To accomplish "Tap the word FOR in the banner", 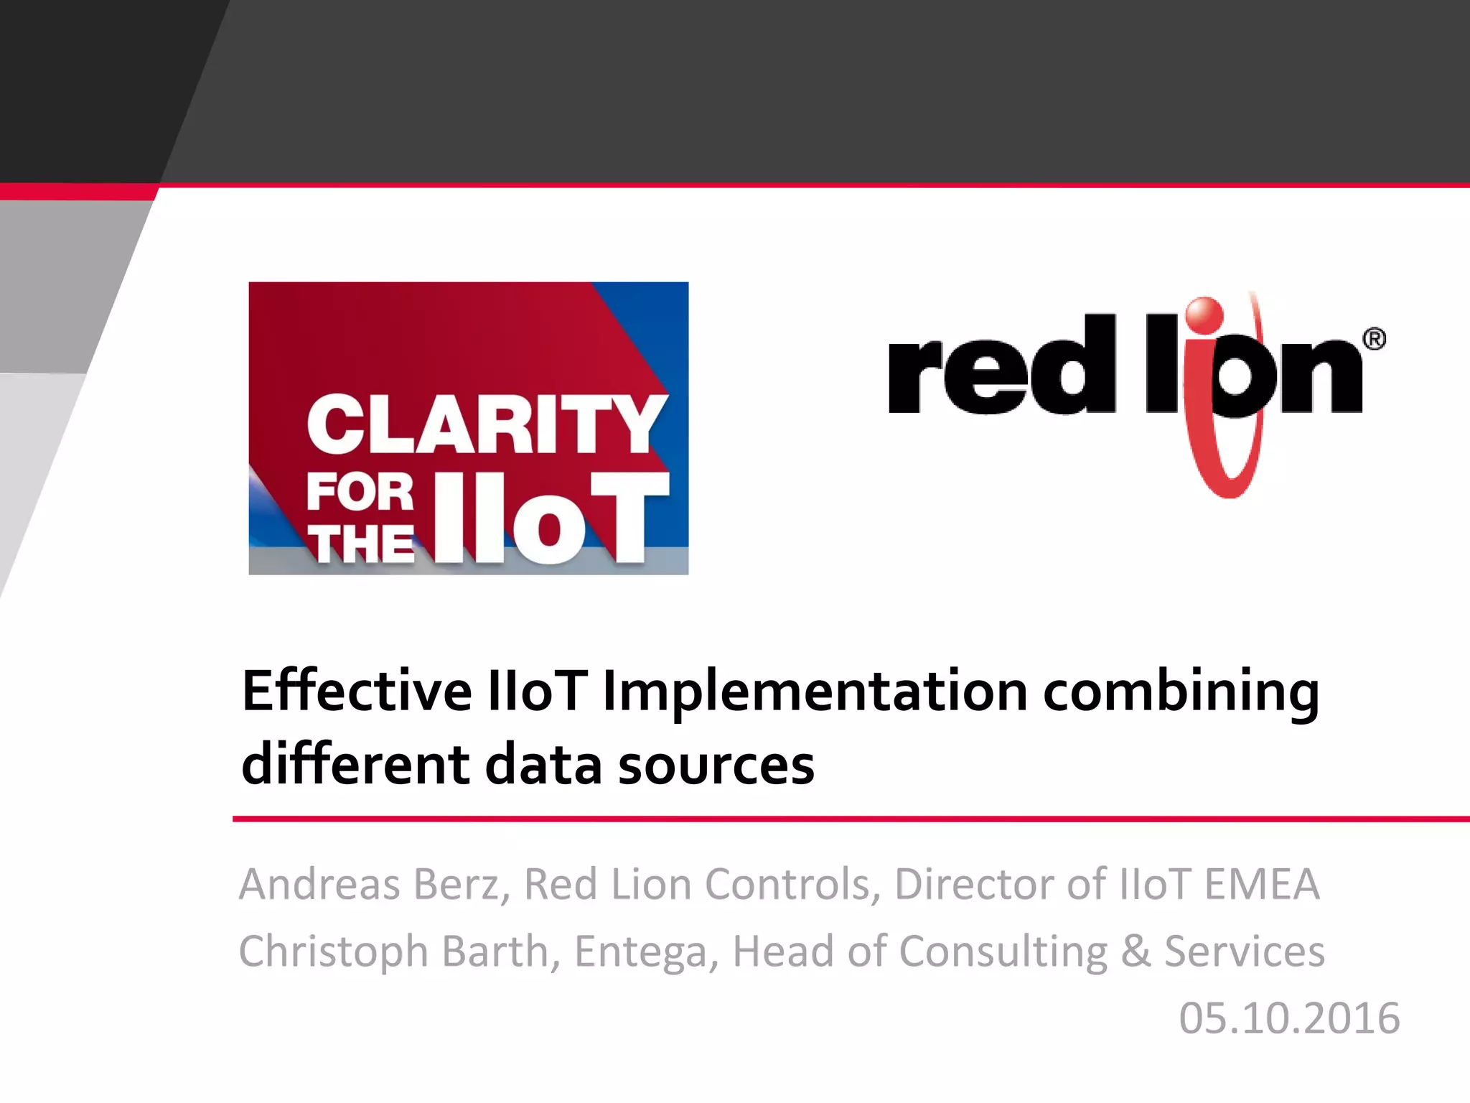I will [x=360, y=493].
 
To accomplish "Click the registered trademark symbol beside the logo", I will [x=1374, y=339].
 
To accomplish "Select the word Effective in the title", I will [x=357, y=691].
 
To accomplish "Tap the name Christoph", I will [x=334, y=952].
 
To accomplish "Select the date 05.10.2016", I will [x=1289, y=1018].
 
